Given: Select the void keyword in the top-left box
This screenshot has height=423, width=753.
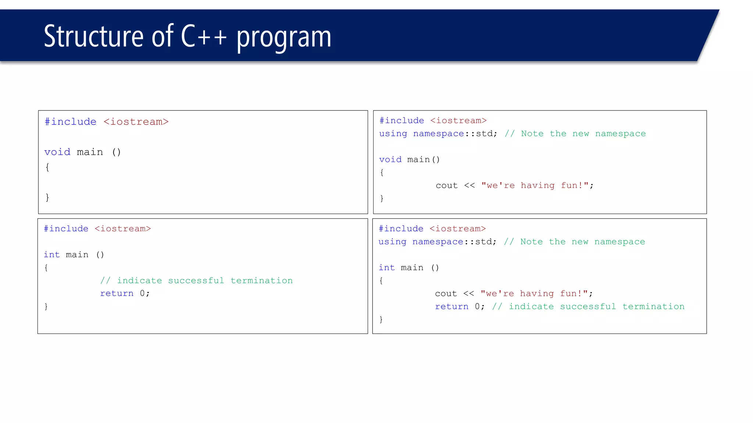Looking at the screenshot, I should (x=57, y=152).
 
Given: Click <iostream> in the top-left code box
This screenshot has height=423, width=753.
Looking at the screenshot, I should (x=136, y=122).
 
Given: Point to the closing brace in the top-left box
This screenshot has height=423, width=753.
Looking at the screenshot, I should (x=47, y=198).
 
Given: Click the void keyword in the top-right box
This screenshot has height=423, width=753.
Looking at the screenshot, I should (x=390, y=159).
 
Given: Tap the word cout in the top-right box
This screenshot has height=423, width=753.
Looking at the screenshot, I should (x=446, y=185).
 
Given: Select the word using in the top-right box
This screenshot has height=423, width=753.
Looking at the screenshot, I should (x=393, y=134).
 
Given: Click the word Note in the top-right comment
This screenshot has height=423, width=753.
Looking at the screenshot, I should (x=532, y=134).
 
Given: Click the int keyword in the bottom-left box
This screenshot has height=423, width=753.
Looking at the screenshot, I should (x=51, y=254).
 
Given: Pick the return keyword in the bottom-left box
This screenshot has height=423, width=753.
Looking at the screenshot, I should (x=117, y=293).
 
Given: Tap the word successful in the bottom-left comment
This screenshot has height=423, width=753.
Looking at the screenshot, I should (x=196, y=281).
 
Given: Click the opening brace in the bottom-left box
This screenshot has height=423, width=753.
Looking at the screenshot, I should (x=46, y=268).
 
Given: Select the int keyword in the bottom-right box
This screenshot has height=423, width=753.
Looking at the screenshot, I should (x=386, y=268).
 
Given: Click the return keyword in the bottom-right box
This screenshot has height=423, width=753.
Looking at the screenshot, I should (x=452, y=307).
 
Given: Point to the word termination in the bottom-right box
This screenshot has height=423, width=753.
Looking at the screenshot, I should (x=653, y=307).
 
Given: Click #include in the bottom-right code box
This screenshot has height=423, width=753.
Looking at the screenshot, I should (x=401, y=229).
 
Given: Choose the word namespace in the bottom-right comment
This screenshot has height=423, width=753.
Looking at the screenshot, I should (x=620, y=242).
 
